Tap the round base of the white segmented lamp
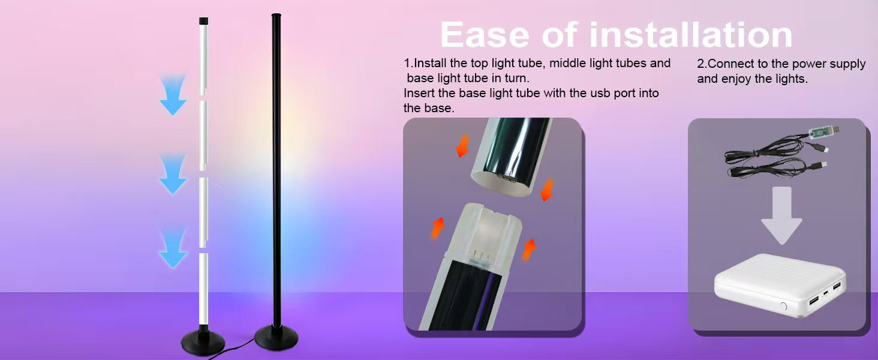pos(203,344)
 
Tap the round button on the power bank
pos(783,306)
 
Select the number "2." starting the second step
pos(702,64)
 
